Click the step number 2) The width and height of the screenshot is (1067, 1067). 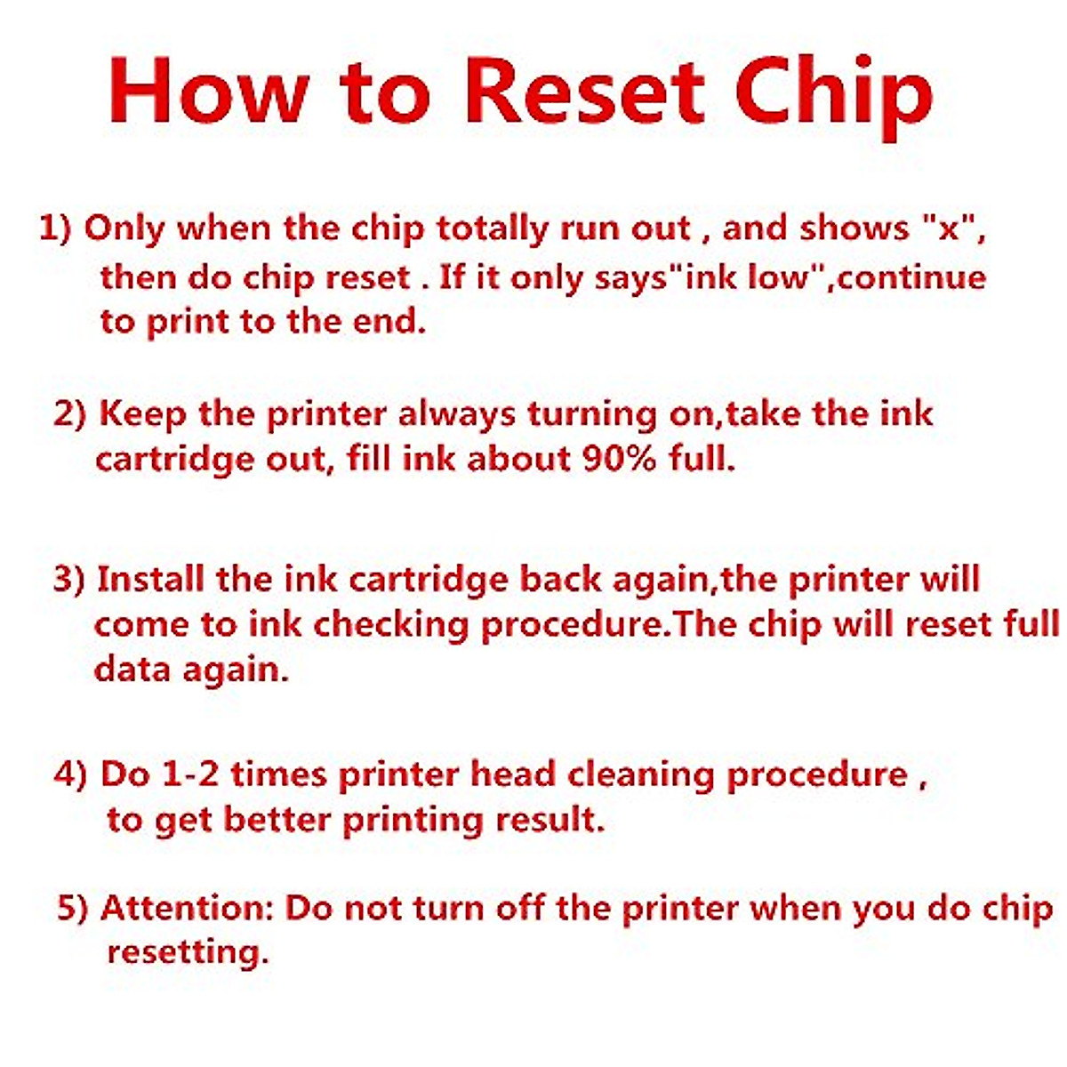[69, 414]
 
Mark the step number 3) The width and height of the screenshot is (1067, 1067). [69, 580]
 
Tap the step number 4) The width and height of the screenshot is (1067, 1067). [70, 774]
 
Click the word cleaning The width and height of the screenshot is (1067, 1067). [641, 774]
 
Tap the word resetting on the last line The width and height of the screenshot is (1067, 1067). [187, 953]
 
